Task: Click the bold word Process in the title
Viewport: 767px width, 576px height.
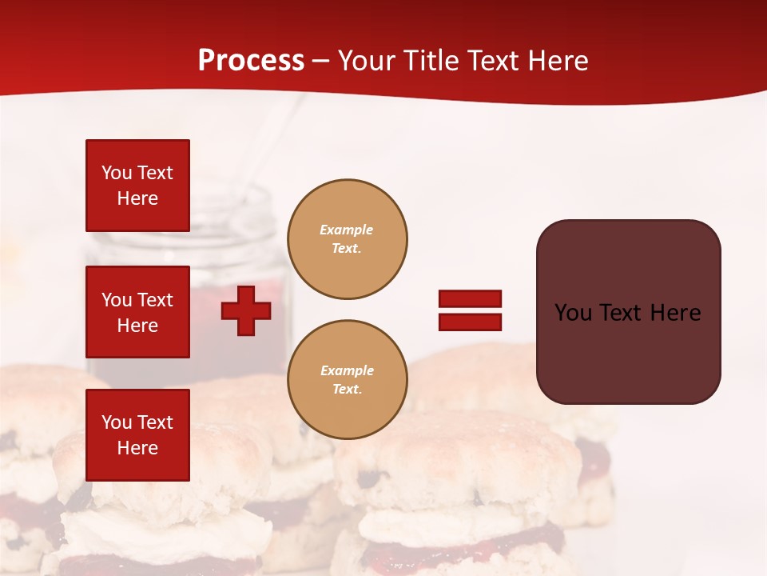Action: point(251,61)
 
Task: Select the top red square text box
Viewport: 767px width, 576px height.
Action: point(137,186)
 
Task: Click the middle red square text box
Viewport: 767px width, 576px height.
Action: point(137,312)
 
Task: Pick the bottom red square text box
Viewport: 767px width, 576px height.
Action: point(137,435)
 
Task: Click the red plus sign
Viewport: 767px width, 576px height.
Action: point(246,310)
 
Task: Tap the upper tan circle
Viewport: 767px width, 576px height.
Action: point(347,239)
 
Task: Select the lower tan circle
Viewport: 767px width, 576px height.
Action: point(347,380)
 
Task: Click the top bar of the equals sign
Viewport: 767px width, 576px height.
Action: point(470,299)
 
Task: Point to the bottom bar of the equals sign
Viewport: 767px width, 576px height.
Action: point(470,322)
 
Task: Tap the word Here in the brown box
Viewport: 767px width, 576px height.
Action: point(675,313)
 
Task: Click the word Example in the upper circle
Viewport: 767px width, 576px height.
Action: point(347,230)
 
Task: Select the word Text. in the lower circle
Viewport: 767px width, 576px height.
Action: point(347,390)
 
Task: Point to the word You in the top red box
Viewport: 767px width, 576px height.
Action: point(116,173)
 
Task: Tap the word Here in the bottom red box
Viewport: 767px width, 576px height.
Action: point(137,448)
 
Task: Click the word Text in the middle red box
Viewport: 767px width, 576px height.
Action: point(154,300)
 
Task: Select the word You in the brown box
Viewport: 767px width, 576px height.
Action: point(574,313)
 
